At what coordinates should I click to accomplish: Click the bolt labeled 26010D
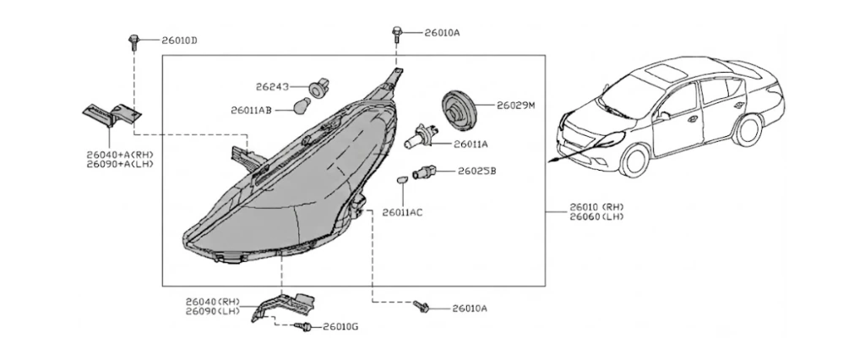[x=133, y=42]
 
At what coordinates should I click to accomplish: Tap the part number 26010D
[x=179, y=41]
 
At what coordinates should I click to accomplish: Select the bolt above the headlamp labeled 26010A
[x=396, y=33]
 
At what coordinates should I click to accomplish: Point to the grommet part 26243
[x=318, y=88]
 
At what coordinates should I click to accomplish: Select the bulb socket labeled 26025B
[x=424, y=172]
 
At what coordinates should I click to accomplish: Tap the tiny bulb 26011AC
[x=402, y=180]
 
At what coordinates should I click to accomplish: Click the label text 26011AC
[x=402, y=213]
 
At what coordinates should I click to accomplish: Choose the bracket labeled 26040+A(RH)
[x=112, y=116]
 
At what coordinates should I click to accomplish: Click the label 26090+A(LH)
[x=120, y=164]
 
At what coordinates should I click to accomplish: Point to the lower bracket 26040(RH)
[x=284, y=305]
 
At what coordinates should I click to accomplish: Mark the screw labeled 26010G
[x=303, y=327]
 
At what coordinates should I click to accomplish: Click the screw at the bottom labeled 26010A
[x=421, y=307]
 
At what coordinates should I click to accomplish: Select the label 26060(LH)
[x=597, y=217]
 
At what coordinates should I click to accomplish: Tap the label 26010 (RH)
[x=597, y=207]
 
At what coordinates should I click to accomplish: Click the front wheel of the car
[x=634, y=160]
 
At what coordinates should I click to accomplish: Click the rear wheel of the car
[x=747, y=130]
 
